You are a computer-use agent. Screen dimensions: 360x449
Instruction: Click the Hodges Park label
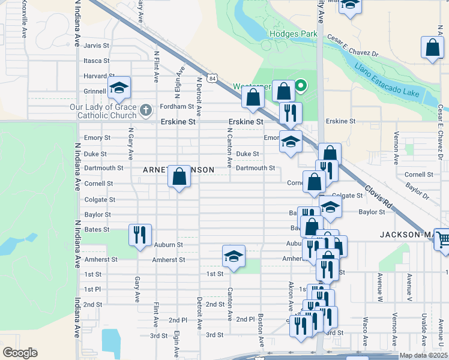(293, 34)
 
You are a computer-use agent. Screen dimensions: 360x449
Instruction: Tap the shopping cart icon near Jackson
(443, 239)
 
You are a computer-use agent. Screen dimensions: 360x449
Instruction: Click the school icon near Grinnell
(119, 89)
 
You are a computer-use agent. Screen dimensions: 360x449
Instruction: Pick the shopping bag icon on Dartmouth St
(179, 177)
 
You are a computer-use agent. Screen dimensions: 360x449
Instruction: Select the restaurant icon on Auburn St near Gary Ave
(140, 235)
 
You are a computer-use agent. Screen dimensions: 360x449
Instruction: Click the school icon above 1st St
(234, 256)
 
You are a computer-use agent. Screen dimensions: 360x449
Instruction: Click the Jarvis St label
(97, 46)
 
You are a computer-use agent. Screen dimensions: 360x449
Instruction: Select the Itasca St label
(97, 61)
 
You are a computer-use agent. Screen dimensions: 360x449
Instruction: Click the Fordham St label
(177, 107)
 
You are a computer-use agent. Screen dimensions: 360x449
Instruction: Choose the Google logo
(20, 353)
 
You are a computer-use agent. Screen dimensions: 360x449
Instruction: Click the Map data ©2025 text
(423, 355)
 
